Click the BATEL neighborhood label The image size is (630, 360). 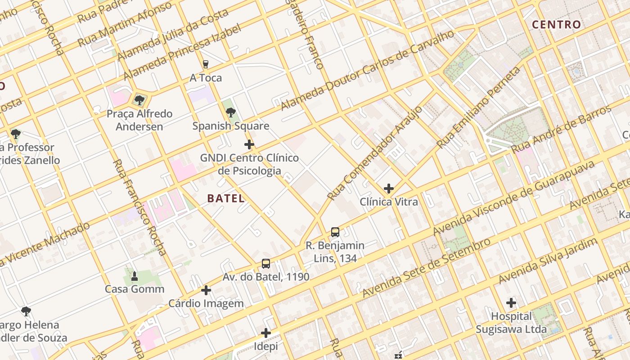click(226, 198)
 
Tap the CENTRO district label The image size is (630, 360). click(556, 25)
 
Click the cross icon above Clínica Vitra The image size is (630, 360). click(389, 189)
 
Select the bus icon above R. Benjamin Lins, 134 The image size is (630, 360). click(335, 232)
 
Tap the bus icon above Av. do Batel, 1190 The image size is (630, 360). click(266, 264)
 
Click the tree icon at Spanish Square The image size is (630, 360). click(231, 112)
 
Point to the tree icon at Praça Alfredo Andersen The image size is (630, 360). click(139, 100)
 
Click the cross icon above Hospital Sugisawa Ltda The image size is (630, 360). click(511, 303)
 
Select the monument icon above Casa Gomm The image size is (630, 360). click(134, 276)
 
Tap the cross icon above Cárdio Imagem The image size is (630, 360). click(206, 290)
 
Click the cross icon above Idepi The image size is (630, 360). click(266, 333)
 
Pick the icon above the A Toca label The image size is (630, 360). click(206, 64)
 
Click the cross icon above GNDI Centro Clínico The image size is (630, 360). click(249, 144)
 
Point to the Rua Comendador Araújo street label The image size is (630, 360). click(375, 153)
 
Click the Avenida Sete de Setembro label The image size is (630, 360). click(426, 268)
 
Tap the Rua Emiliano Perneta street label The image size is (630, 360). click(479, 107)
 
